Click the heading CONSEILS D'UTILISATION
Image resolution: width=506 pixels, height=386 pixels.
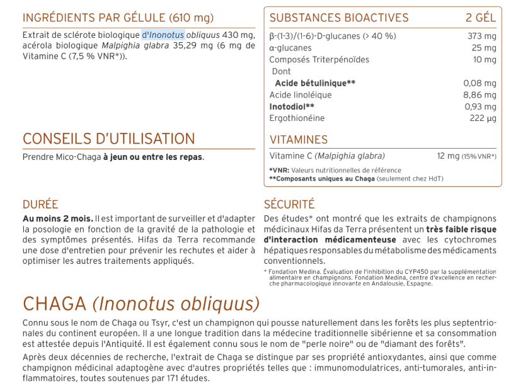click(109, 139)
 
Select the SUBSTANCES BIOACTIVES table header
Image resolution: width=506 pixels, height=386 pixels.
click(339, 18)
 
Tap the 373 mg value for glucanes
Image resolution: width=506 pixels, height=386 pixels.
click(482, 36)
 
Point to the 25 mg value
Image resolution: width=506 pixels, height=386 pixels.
click(485, 48)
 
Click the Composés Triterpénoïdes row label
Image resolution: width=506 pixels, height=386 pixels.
click(319, 60)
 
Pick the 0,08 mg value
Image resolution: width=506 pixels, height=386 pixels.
click(480, 83)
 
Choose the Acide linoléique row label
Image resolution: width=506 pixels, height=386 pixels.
click(301, 95)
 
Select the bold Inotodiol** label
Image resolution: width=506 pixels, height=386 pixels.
click(292, 106)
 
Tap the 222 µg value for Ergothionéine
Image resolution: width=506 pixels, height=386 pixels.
click(483, 118)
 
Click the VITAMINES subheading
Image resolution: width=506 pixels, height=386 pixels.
click(299, 140)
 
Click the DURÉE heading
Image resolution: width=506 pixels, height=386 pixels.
click(40, 204)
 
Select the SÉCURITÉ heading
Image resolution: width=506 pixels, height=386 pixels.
click(289, 204)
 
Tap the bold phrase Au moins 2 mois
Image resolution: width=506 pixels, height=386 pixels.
click(57, 218)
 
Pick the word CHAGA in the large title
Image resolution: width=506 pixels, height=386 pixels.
click(55, 304)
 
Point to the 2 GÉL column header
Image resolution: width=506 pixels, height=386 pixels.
click(481, 18)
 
